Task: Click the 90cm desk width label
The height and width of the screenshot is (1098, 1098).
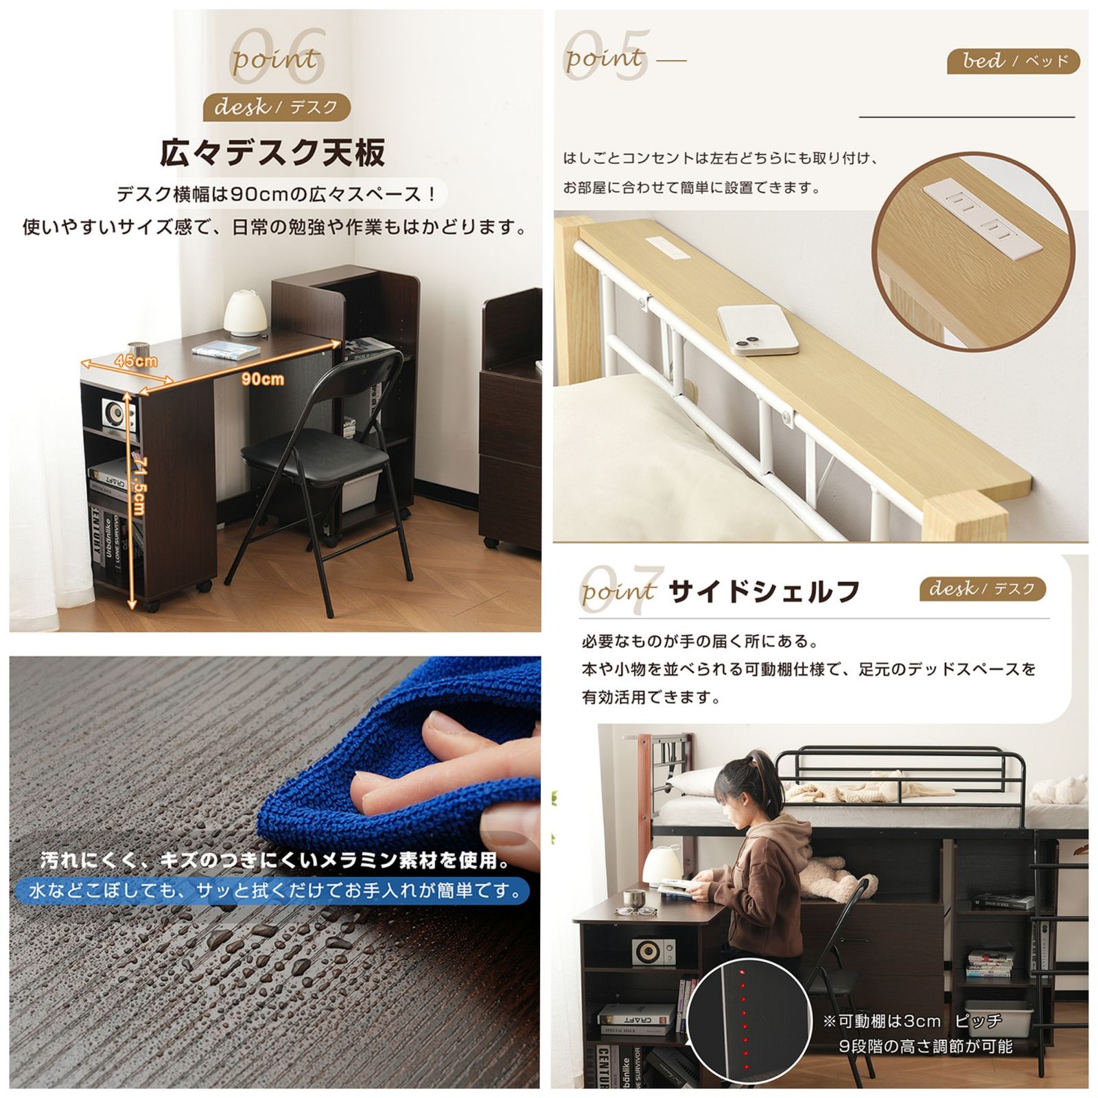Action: click(x=262, y=379)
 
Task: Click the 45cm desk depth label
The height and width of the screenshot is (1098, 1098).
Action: click(x=136, y=360)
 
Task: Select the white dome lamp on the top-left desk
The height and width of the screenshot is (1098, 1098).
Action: click(x=245, y=313)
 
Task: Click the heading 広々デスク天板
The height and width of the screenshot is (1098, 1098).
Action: click(x=272, y=152)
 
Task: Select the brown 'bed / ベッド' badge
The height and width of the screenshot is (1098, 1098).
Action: click(x=1013, y=62)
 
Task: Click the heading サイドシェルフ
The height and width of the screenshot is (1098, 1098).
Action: click(x=764, y=591)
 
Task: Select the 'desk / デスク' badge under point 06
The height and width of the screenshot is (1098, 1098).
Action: click(x=277, y=107)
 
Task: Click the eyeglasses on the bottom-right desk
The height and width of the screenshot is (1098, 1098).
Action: click(x=635, y=910)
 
